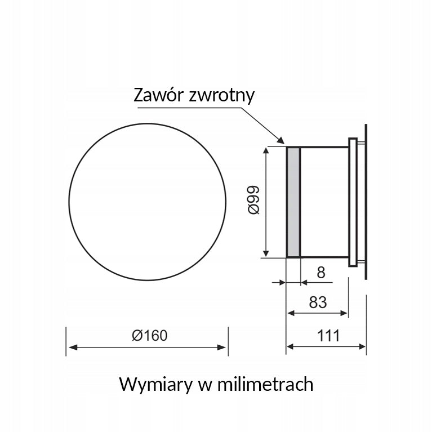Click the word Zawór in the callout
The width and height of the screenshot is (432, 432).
158,95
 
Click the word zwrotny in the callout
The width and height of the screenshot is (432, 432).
221,96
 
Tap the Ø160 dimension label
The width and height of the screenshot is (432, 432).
150,336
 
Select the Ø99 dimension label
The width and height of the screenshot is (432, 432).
253,200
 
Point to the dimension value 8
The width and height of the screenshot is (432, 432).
321,273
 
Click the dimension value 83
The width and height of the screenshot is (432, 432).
318,302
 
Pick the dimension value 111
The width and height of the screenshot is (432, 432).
328,336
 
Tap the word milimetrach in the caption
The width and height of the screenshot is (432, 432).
265,384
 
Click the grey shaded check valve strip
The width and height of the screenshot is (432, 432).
293,202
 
